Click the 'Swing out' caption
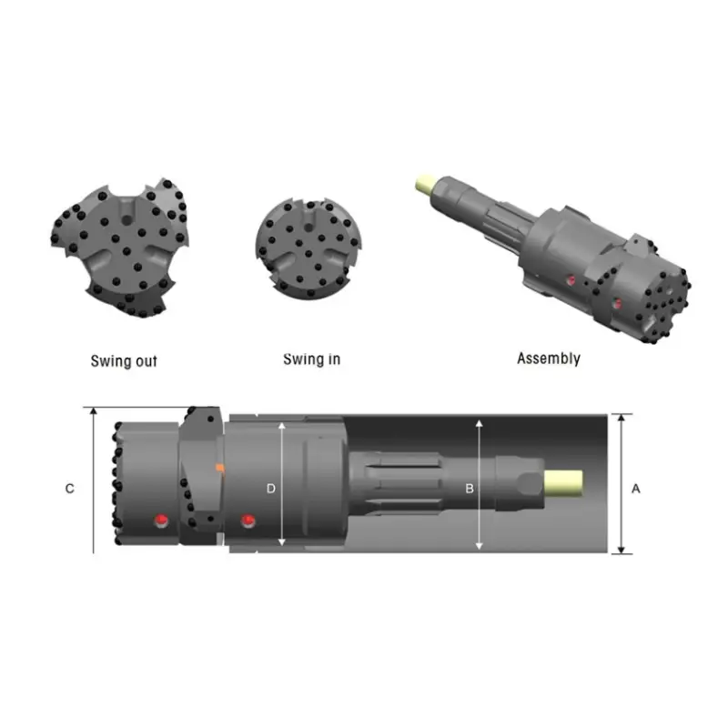point(124,361)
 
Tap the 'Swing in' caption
point(311,359)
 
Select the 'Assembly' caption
point(548,359)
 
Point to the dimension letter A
point(636,489)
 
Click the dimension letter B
point(470,489)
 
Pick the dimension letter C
point(70,489)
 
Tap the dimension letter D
point(270,489)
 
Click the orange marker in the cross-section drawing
point(219,468)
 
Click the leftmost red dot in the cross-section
point(161,520)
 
